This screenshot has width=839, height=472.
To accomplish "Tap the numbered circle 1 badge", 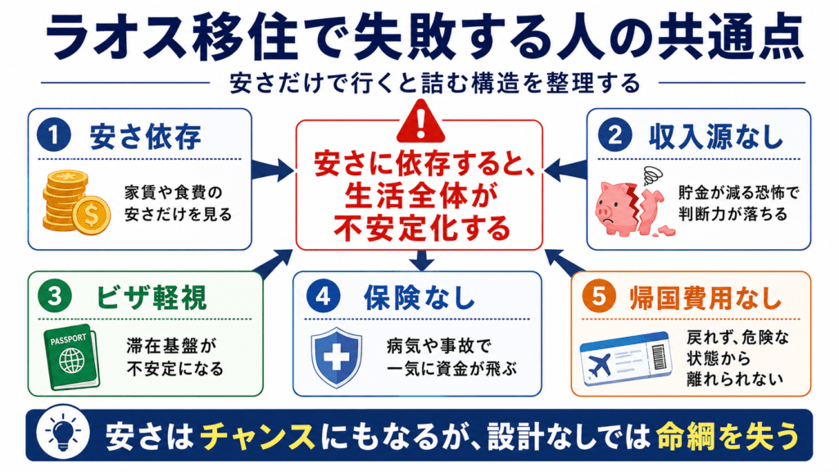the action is pyautogui.click(x=53, y=135).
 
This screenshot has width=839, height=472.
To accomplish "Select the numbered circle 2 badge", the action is pyautogui.click(x=615, y=135).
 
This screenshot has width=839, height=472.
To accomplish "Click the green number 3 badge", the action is pyautogui.click(x=55, y=297).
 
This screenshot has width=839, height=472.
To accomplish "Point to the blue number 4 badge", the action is pyautogui.click(x=323, y=297).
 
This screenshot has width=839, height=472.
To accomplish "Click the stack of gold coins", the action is pyautogui.click(x=76, y=202).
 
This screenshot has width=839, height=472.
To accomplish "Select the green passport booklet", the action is pyautogui.click(x=72, y=356).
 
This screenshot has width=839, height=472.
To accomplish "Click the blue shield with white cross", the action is pyautogui.click(x=337, y=357).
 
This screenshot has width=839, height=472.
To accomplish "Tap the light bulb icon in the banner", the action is pyautogui.click(x=63, y=434).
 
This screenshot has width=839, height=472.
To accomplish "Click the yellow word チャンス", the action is pyautogui.click(x=257, y=436).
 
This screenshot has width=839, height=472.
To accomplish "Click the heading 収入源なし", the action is pyautogui.click(x=716, y=137).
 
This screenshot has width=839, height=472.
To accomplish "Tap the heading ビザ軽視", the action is pyautogui.click(x=152, y=297).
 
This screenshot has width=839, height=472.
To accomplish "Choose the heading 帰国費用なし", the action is pyautogui.click(x=706, y=297).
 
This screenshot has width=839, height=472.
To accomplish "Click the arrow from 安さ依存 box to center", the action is pyautogui.click(x=272, y=170).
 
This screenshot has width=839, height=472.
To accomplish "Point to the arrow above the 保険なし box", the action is pyautogui.click(x=422, y=261).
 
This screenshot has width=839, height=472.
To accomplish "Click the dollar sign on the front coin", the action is pyautogui.click(x=92, y=216).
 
